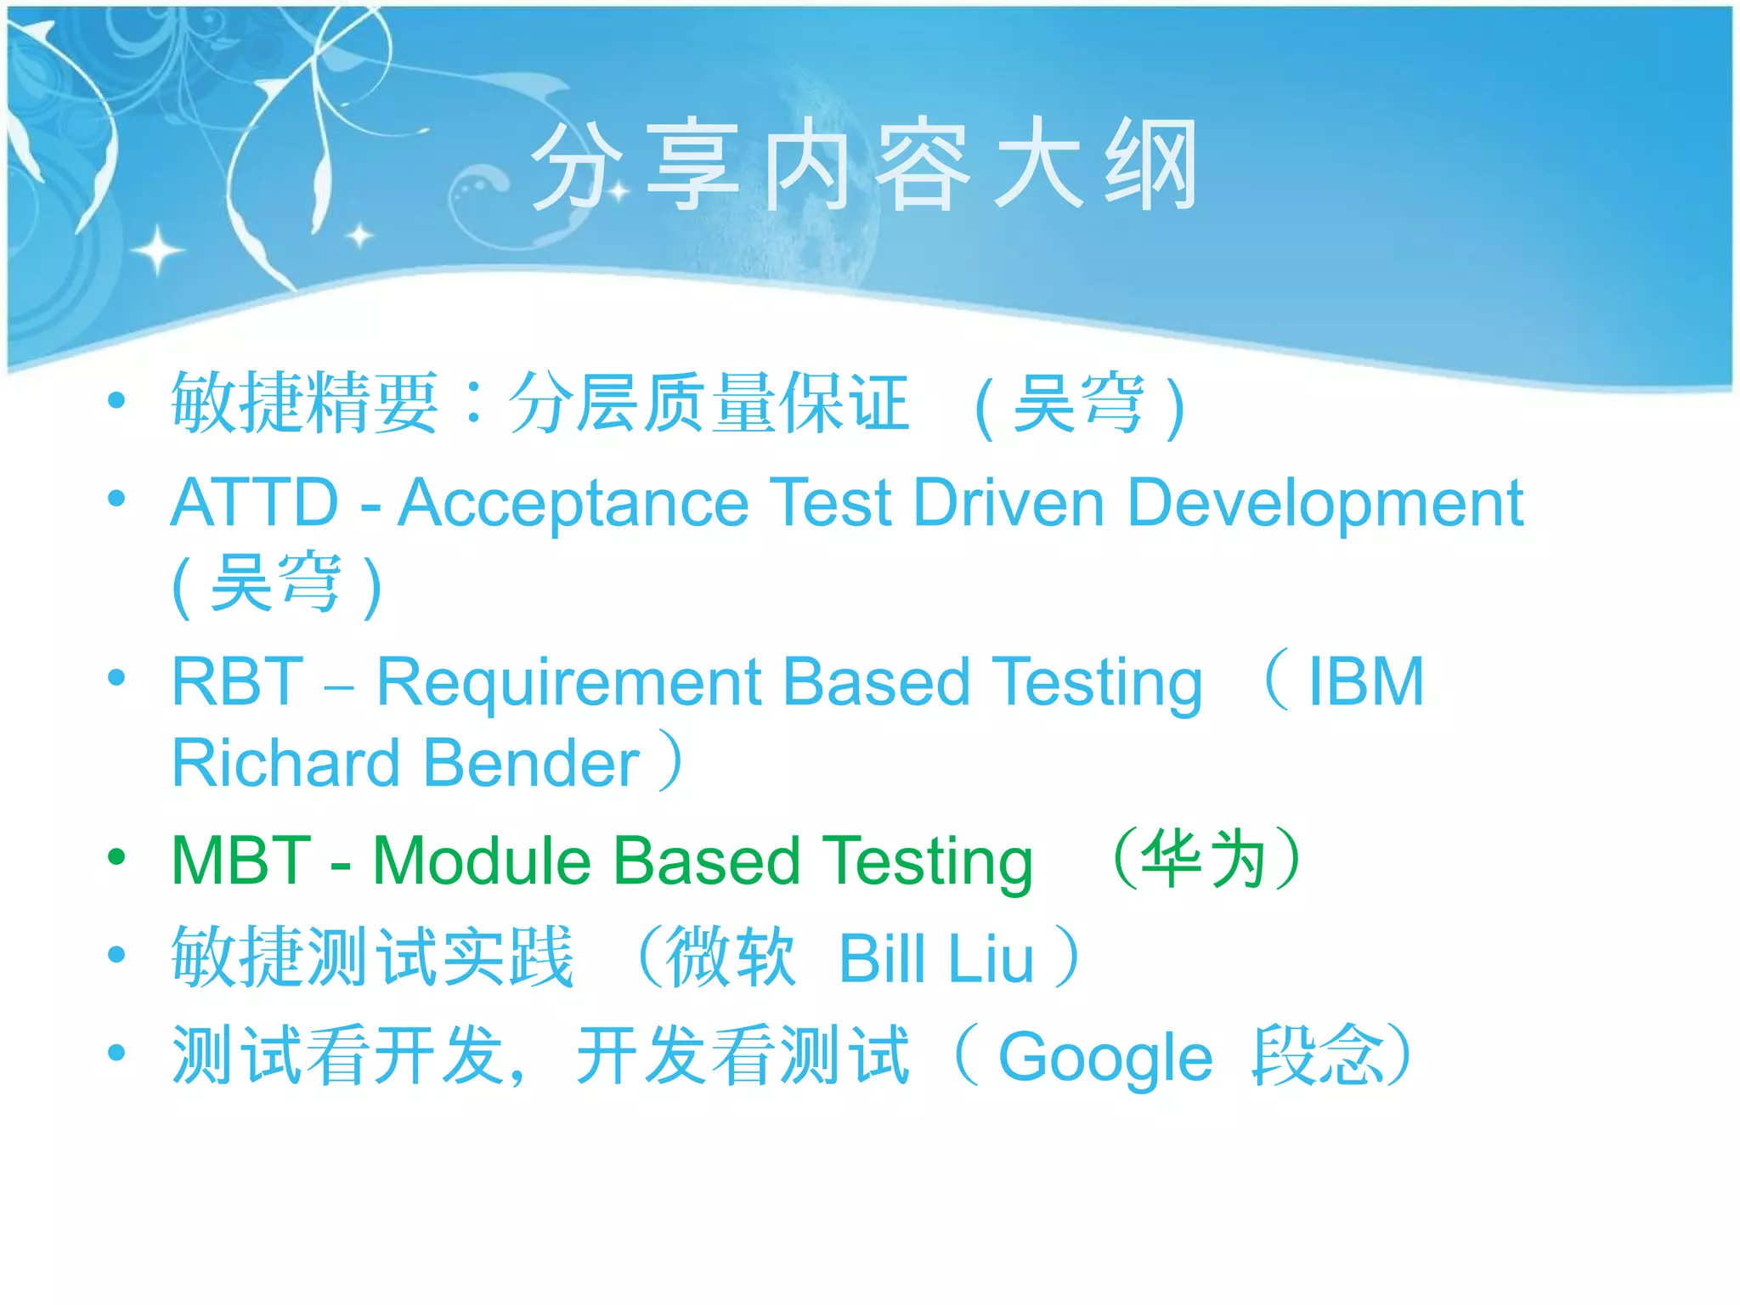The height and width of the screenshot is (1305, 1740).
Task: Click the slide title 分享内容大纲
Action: pyautogui.click(x=864, y=165)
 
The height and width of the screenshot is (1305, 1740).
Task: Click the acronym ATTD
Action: pyautogui.click(x=255, y=503)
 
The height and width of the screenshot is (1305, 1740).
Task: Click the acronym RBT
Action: pyautogui.click(x=237, y=681)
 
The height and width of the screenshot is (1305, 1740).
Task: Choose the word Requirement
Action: pyautogui.click(x=570, y=683)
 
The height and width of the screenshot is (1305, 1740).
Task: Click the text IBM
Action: pyautogui.click(x=1365, y=681)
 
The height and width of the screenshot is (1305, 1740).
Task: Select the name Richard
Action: pyautogui.click(x=285, y=763)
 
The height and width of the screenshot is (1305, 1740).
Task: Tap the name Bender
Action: pyautogui.click(x=531, y=763)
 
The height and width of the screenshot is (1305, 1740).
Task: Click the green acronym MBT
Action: pyautogui.click(x=241, y=861)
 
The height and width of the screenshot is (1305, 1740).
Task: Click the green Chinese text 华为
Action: pyautogui.click(x=1204, y=859)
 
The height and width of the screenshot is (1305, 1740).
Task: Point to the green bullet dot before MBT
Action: pyautogui.click(x=117, y=857)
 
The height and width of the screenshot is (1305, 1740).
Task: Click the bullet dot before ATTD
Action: pyautogui.click(x=117, y=499)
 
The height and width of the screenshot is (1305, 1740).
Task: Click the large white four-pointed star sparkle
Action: pyautogui.click(x=157, y=251)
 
